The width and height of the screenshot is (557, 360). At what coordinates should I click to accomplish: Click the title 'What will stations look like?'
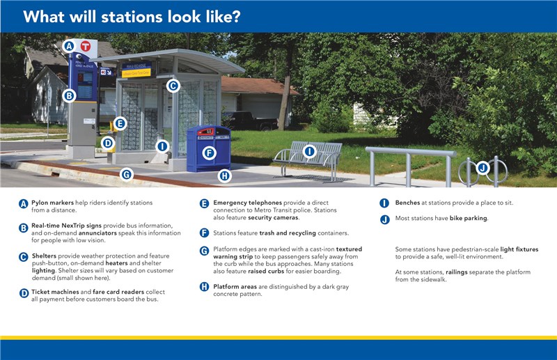pos(132,17)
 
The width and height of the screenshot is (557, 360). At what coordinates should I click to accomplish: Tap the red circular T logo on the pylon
pos(86,46)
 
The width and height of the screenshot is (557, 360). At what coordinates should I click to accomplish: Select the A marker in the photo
pos(68,46)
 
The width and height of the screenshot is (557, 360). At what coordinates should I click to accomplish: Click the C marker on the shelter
pos(173,86)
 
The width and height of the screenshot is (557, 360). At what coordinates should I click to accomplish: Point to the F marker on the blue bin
pos(208,152)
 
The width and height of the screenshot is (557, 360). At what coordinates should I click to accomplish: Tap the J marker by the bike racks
pos(483,167)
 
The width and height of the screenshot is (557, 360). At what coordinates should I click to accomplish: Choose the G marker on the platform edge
pos(126,174)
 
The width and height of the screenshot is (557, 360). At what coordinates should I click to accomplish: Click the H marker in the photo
pos(224,176)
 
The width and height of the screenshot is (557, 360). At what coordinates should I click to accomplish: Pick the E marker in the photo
pos(120,123)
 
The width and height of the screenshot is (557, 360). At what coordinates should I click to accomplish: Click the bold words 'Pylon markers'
pos(54,203)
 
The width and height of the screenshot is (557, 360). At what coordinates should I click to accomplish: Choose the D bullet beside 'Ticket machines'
pos(24,294)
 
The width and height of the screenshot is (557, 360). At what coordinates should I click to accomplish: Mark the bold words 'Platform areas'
pos(237,286)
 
